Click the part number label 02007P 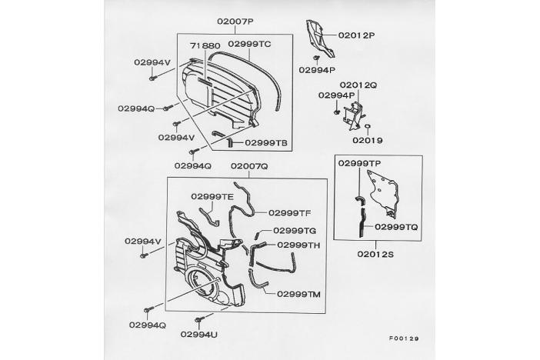click(x=235, y=22)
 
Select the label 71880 click(x=205, y=46)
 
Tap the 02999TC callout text click(x=249, y=44)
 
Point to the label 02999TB click(x=266, y=142)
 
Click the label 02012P click(x=356, y=35)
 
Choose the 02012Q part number click(x=358, y=85)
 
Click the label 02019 click(x=368, y=140)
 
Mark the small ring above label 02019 click(x=367, y=126)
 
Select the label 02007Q click(x=249, y=166)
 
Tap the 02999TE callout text click(x=212, y=197)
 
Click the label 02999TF click(x=290, y=213)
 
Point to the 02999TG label click(x=295, y=231)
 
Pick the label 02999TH click(x=298, y=245)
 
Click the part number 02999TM click(x=298, y=294)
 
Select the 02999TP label click(x=359, y=163)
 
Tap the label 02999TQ click(x=396, y=227)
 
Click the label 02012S click(x=375, y=255)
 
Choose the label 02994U click(x=198, y=335)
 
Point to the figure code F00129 click(x=404, y=338)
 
